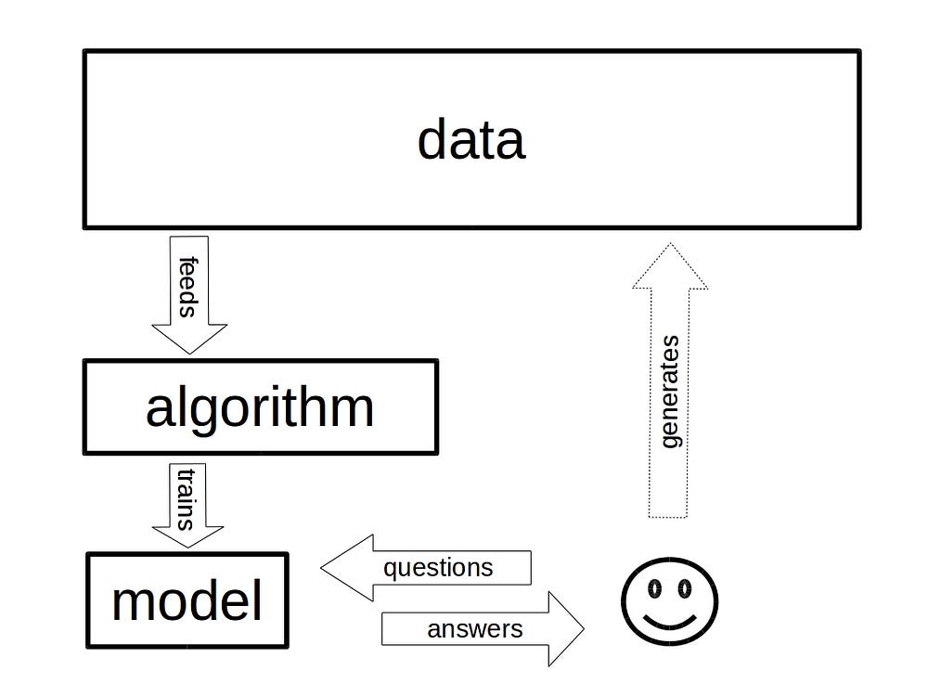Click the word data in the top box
click(x=471, y=140)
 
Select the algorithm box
click(x=260, y=407)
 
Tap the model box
click(x=187, y=600)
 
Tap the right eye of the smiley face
click(x=686, y=588)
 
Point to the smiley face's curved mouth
click(x=669, y=618)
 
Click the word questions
click(x=438, y=567)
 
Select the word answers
click(x=474, y=629)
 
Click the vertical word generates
click(x=670, y=393)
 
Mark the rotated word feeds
click(x=188, y=287)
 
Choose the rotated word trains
click(x=187, y=498)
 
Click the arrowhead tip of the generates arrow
click(x=670, y=245)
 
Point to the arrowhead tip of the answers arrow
click(x=583, y=629)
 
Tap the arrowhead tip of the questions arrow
click(x=323, y=567)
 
